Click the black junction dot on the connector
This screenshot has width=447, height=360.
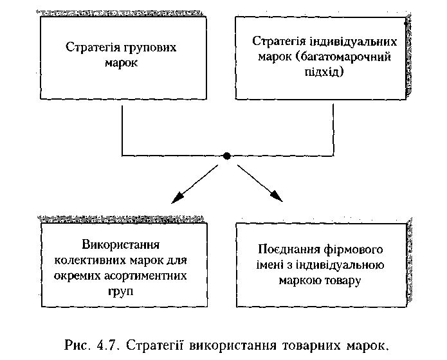pos(226,156)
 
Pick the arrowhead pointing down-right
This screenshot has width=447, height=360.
pos(277,198)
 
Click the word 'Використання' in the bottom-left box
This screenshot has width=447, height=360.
pos(121,246)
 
